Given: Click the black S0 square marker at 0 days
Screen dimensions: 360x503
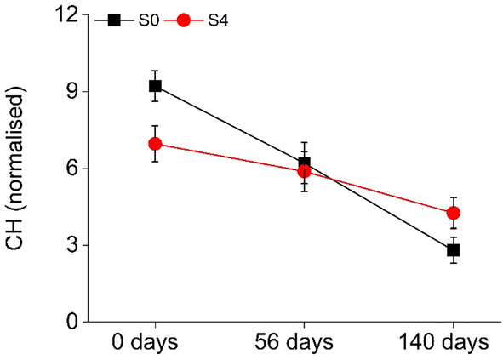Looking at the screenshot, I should pos(155,86).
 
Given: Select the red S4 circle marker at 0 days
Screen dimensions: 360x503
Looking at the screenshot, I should pos(155,144).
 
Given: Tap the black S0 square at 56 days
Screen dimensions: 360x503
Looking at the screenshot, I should pos(304,163).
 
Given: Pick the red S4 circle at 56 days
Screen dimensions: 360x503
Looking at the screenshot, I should pos(304,171).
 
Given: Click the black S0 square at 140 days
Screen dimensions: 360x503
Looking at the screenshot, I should pos(453,250).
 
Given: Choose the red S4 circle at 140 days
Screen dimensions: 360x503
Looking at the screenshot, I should pos(453,213).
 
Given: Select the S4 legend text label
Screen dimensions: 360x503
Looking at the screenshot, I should pos(218,20).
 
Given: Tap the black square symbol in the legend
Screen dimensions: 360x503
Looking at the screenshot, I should pos(113,20).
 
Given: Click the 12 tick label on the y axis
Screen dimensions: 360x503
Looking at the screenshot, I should pos(68,15).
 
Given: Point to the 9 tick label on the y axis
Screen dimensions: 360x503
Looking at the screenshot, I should pos(73,92).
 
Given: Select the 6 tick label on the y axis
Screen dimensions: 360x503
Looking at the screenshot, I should pos(73,169).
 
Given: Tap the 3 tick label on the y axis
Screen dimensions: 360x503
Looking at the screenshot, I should pos(73,245).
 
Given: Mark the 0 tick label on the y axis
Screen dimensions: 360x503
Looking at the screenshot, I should pos(73,322).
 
